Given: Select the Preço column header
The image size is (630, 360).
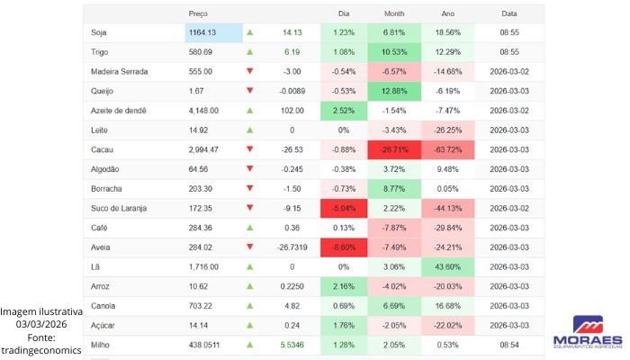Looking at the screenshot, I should (198, 13).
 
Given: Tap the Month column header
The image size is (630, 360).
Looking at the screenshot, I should (394, 13).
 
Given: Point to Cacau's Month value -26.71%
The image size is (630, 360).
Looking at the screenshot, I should (394, 149).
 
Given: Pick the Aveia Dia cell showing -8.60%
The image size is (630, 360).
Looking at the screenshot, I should (343, 247).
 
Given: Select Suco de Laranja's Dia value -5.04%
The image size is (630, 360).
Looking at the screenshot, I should (343, 208).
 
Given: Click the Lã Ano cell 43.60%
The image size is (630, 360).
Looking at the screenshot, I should (447, 266).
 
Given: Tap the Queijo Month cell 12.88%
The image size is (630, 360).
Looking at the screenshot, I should (394, 91).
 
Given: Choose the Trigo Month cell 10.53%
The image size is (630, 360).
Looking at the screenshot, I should (394, 52).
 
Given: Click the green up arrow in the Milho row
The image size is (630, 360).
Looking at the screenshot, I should (250, 344).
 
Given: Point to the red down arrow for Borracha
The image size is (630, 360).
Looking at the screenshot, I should (250, 188).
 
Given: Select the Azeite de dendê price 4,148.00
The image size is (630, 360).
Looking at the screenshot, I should (204, 111).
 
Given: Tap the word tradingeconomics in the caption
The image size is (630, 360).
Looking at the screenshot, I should (41, 350).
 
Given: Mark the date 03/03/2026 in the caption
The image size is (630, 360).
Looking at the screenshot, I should (41, 324).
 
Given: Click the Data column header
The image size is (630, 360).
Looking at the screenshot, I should (509, 13).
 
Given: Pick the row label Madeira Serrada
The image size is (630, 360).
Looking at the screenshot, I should (120, 71).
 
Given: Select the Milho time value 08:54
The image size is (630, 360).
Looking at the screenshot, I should (509, 344).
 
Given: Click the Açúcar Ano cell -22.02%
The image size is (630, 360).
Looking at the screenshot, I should (447, 325).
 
